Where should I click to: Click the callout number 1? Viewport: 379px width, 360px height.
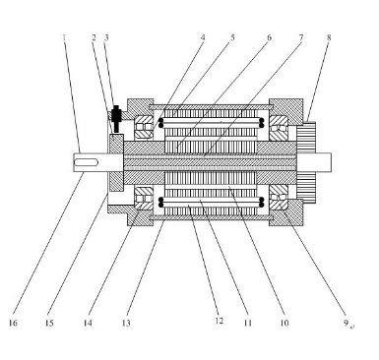click(x=64, y=37)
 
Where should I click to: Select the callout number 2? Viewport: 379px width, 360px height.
click(x=94, y=37)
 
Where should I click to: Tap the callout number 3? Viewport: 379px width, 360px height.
click(x=106, y=37)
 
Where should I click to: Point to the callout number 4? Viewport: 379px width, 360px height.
click(x=203, y=37)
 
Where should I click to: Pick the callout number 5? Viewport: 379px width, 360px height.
click(x=232, y=37)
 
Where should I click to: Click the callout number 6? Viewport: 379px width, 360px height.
click(x=269, y=37)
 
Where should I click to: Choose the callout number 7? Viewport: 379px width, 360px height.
click(x=300, y=37)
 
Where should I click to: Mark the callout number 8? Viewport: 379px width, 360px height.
click(x=329, y=37)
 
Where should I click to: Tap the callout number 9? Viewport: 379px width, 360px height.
click(x=346, y=323)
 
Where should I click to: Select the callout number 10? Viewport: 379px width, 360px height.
click(x=284, y=323)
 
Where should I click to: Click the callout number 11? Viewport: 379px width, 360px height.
click(x=248, y=323)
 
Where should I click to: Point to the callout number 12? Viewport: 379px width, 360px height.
click(x=220, y=321)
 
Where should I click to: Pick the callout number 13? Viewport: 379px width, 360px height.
click(x=126, y=323)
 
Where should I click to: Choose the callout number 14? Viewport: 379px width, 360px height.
click(x=88, y=323)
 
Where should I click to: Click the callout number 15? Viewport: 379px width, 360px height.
click(x=49, y=323)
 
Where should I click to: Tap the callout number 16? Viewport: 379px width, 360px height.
click(x=13, y=323)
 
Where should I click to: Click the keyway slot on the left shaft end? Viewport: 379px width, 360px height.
click(x=86, y=162)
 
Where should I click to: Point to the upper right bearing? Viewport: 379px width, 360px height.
click(x=279, y=127)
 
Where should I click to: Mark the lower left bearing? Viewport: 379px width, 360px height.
click(x=144, y=199)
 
